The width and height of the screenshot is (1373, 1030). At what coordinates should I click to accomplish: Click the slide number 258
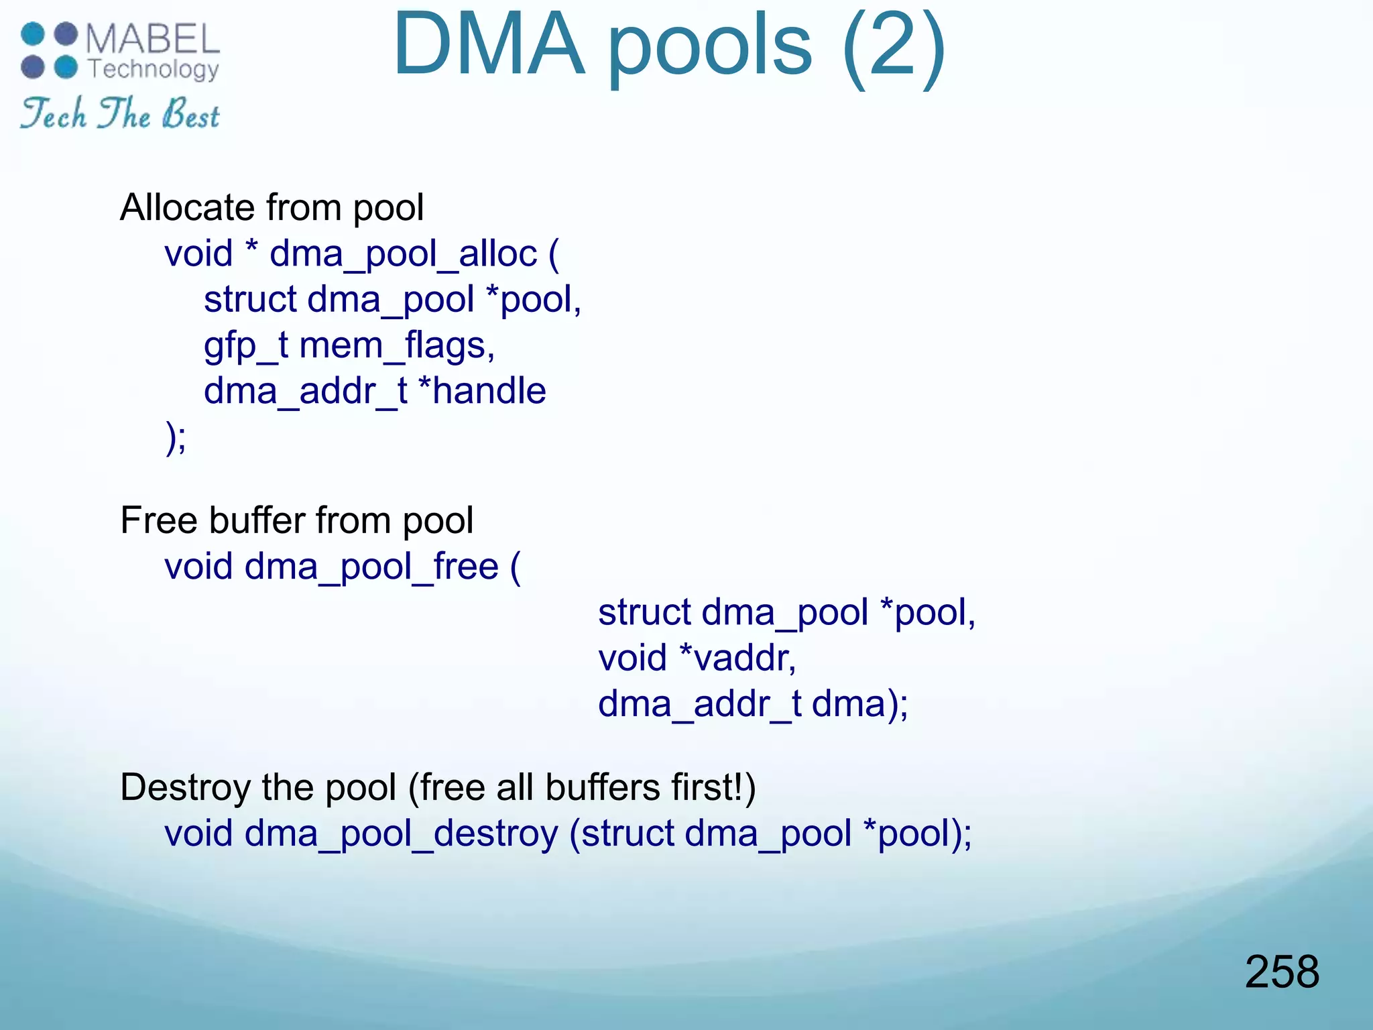tap(1281, 972)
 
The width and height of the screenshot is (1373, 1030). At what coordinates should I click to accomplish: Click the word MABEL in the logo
tap(153, 39)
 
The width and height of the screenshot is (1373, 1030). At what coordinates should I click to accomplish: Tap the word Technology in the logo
tap(154, 69)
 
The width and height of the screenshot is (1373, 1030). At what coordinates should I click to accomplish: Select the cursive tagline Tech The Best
tap(120, 113)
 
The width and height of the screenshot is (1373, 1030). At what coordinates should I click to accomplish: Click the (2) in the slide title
tap(894, 46)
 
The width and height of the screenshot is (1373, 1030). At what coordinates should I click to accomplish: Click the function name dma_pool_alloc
tap(403, 254)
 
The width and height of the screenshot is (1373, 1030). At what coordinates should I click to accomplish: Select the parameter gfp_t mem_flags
tap(349, 346)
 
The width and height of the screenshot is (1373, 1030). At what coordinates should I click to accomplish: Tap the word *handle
tap(481, 391)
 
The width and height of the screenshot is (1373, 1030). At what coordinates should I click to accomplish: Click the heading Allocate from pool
tap(272, 207)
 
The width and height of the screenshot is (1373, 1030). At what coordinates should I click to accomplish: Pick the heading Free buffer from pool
tap(296, 520)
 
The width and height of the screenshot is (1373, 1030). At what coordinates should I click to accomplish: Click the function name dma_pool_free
tap(371, 567)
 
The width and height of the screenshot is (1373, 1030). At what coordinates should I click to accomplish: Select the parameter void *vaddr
tap(697, 658)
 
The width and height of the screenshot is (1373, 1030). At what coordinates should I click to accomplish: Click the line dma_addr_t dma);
tap(752, 704)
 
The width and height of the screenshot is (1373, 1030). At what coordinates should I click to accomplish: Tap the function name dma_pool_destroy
tap(401, 834)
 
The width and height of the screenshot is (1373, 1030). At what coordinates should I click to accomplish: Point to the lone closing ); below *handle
tap(176, 438)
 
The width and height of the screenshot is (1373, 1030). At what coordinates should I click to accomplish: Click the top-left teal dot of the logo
tap(32, 34)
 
